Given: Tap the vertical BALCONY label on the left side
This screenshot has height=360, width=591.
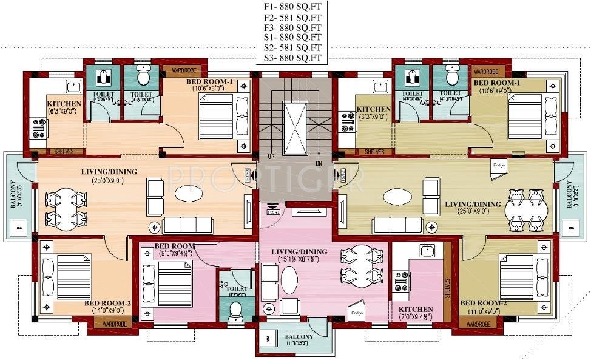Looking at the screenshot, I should [x=13, y=194].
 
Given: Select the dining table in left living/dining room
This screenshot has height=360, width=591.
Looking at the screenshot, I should [x=62, y=208].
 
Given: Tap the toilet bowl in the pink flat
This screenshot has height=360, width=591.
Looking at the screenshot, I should [x=235, y=310].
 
